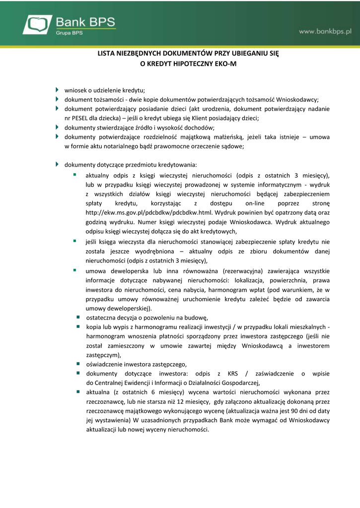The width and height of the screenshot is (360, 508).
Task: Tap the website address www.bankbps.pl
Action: point(325,31)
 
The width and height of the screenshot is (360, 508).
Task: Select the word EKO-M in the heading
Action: point(224,63)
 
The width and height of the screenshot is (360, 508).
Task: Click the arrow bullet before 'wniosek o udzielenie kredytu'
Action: point(57,90)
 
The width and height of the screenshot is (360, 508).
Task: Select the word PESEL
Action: point(79,118)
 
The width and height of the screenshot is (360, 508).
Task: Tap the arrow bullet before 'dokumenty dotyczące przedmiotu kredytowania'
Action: point(57,164)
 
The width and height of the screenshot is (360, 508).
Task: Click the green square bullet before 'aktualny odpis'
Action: point(74,175)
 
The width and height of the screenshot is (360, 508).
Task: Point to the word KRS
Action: point(233,373)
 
